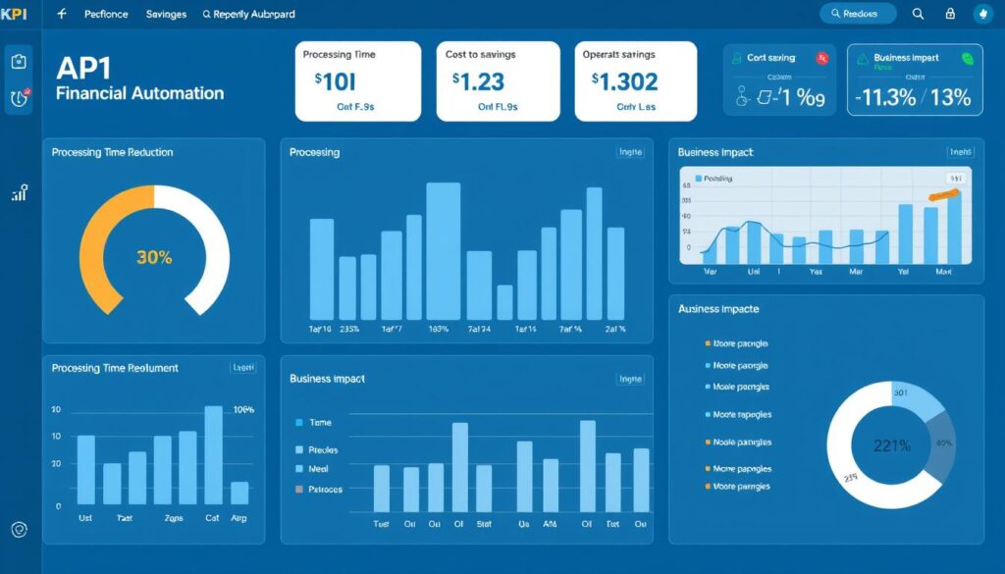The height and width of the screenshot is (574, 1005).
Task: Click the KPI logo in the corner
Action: tap(17, 14)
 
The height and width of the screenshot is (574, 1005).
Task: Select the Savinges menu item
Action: tap(167, 15)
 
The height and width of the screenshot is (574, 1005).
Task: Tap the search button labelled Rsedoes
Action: tap(858, 14)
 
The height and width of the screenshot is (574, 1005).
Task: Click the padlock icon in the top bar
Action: tap(949, 14)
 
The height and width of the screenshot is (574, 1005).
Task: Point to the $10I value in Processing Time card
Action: tap(335, 81)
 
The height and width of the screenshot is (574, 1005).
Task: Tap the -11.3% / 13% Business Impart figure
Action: tap(913, 97)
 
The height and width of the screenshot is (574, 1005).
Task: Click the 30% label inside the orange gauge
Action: tap(154, 258)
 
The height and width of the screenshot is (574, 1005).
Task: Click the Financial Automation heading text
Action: tap(139, 94)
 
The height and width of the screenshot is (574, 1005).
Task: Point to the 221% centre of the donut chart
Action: tap(892, 444)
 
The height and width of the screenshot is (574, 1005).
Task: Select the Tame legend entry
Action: tap(320, 422)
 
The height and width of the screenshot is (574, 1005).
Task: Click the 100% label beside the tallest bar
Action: tap(243, 409)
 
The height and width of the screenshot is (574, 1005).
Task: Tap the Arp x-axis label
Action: tap(238, 517)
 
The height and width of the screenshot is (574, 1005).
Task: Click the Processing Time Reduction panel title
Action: tap(112, 153)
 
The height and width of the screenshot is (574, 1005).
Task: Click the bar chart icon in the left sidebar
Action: tap(19, 193)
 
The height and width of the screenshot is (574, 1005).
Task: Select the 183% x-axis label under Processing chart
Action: tap(439, 330)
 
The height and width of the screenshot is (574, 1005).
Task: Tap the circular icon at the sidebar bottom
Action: tap(20, 529)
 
